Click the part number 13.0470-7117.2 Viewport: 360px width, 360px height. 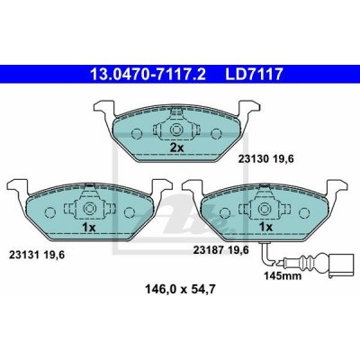point(148,75)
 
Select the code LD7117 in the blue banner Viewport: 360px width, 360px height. point(254,75)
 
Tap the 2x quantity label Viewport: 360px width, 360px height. point(177,148)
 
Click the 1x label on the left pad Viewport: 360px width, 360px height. point(88,228)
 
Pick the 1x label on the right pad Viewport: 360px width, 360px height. point(265,227)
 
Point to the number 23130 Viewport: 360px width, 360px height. point(253,159)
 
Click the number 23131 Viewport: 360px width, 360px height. point(24,255)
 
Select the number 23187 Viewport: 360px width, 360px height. point(208,249)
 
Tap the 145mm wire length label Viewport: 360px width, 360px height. point(283,275)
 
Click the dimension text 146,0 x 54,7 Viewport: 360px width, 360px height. point(180,290)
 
